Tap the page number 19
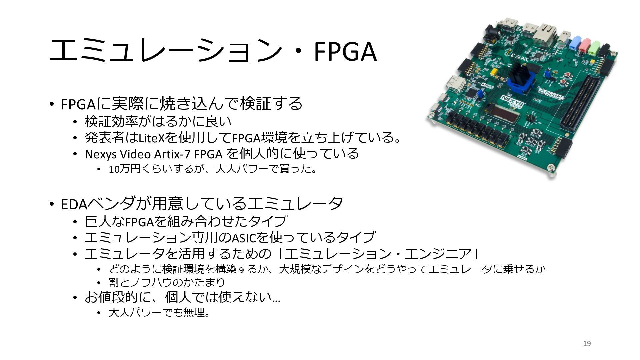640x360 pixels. pos(587,344)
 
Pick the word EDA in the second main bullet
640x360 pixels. pos(74,204)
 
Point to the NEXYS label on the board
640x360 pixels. pos(513,101)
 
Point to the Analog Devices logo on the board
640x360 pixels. pos(489,87)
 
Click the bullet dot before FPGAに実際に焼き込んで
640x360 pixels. pos(51,104)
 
